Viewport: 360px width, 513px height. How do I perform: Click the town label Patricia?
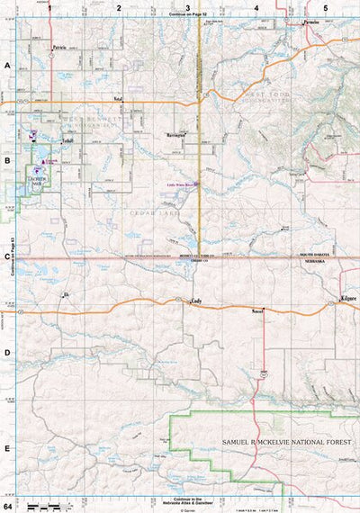59,46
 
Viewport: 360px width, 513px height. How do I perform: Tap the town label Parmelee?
311,21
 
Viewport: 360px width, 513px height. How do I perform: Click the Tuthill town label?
68,141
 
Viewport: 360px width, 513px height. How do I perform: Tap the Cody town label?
195,302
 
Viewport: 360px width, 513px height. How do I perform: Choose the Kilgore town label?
347,297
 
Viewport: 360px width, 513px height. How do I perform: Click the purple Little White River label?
183,185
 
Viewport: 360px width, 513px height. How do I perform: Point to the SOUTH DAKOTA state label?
315,256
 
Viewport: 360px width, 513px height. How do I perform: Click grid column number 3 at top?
187,6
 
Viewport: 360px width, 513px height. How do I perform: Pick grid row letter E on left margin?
8,447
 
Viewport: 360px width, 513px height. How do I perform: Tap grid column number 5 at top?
325,6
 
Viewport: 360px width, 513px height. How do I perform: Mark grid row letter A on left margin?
8,66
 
